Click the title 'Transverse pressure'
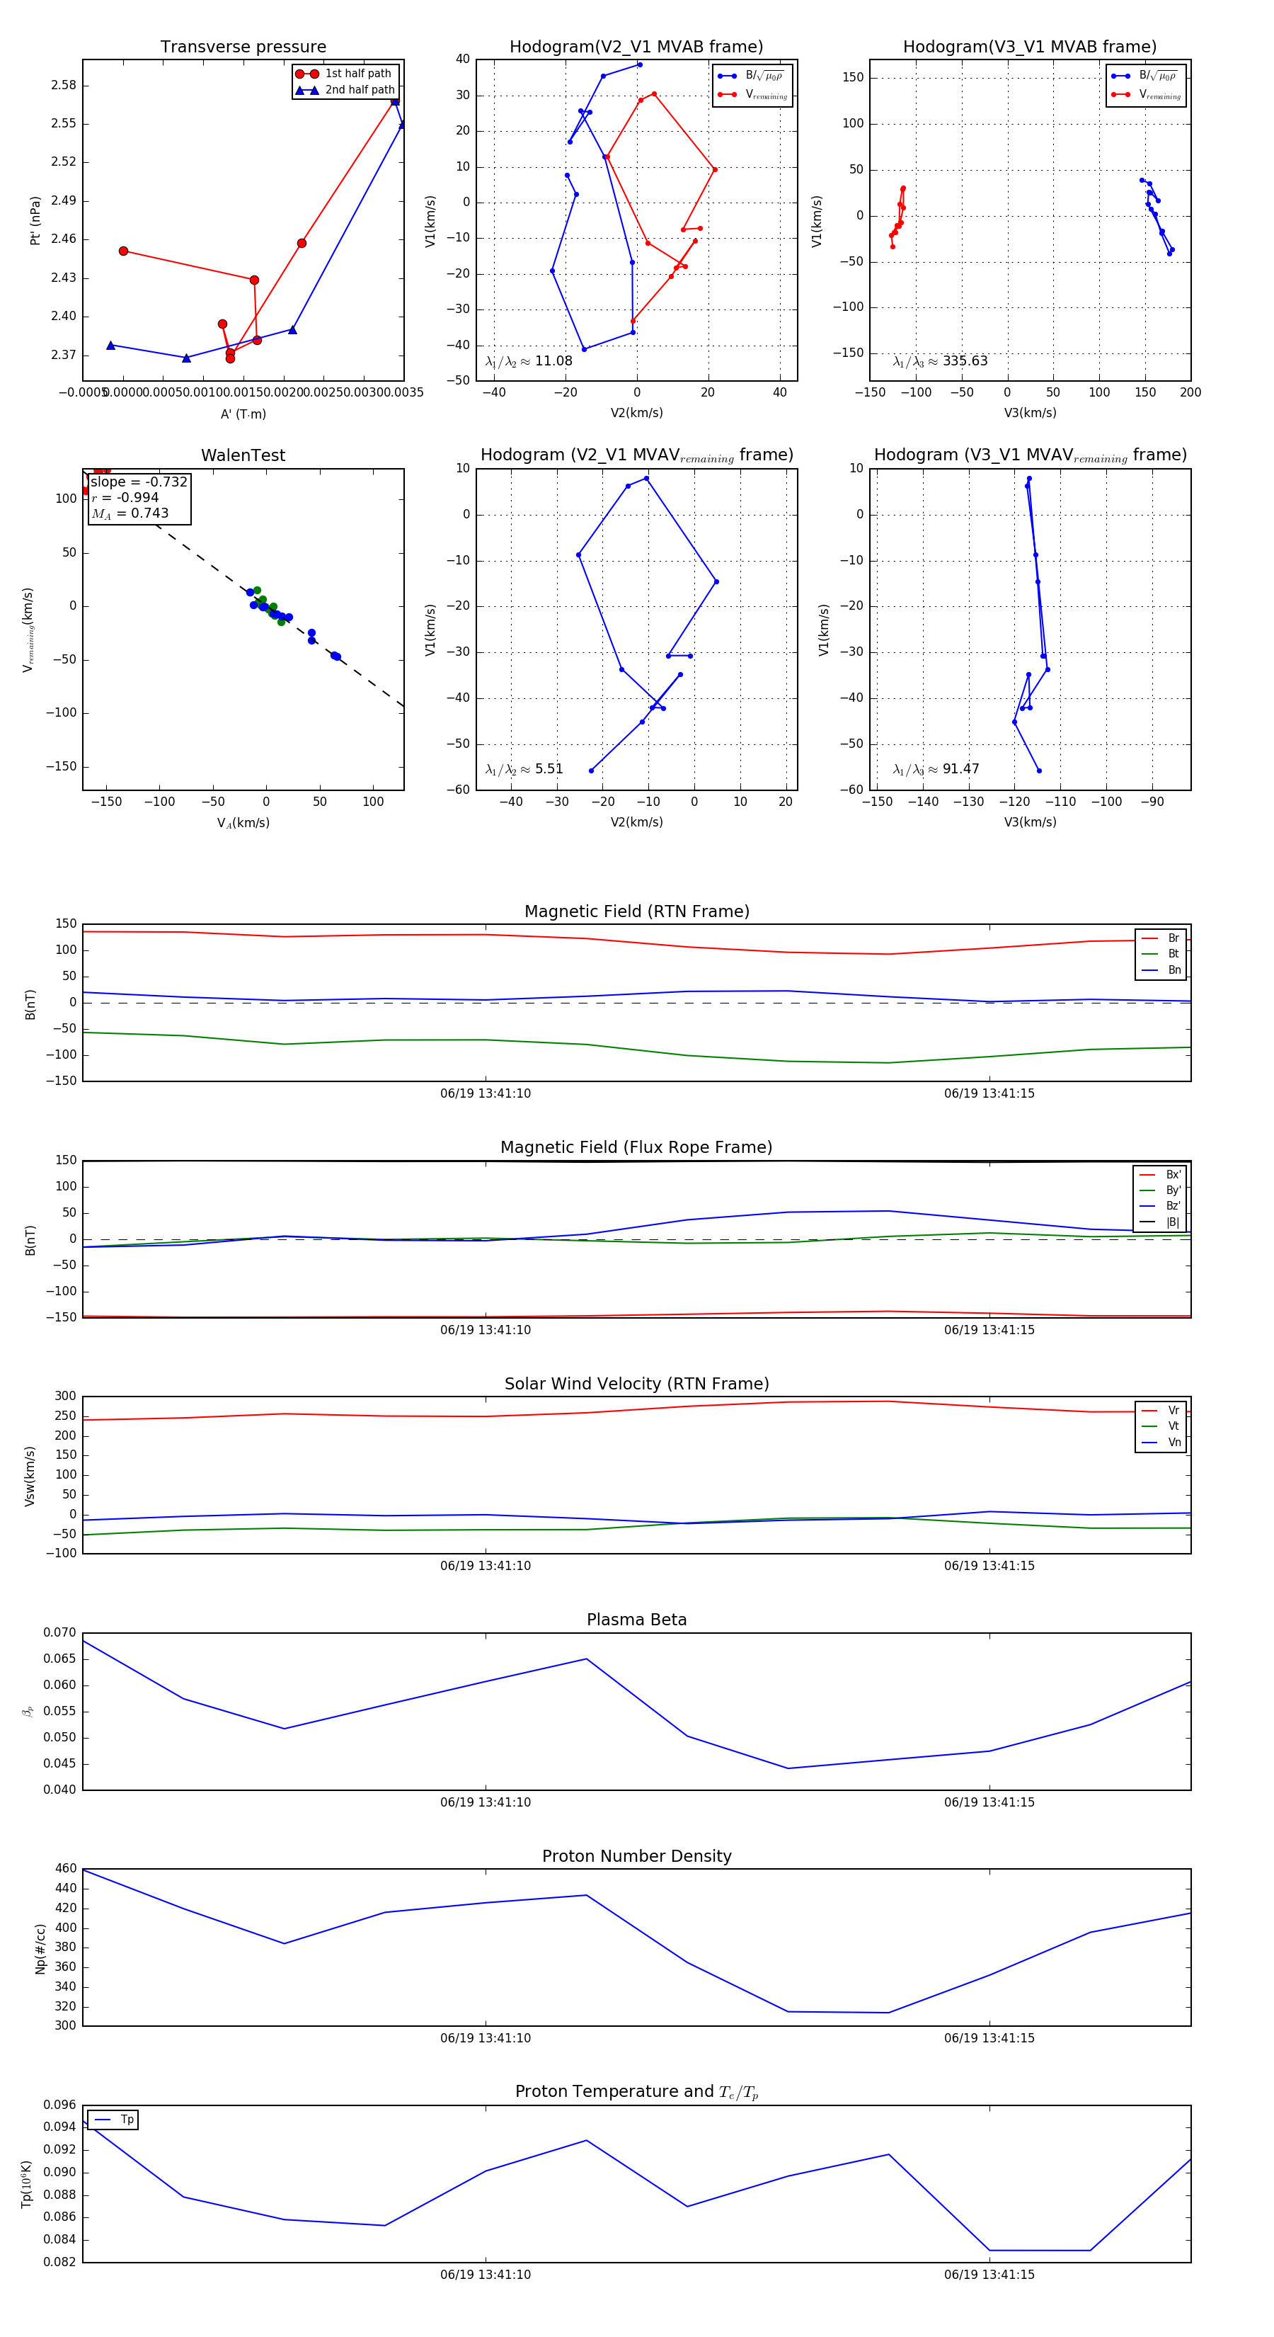243,47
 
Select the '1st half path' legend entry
357,74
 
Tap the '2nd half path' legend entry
359,90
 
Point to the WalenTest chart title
243,455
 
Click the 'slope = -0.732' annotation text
139,482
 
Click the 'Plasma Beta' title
636,1620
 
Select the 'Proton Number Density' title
636,1856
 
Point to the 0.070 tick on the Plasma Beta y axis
60,1633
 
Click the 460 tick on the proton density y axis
65,1869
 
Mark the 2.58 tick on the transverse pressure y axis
64,85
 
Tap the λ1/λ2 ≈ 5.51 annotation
524,769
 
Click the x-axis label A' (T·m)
243,414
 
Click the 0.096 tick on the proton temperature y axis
60,2105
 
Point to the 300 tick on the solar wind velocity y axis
65,1397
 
